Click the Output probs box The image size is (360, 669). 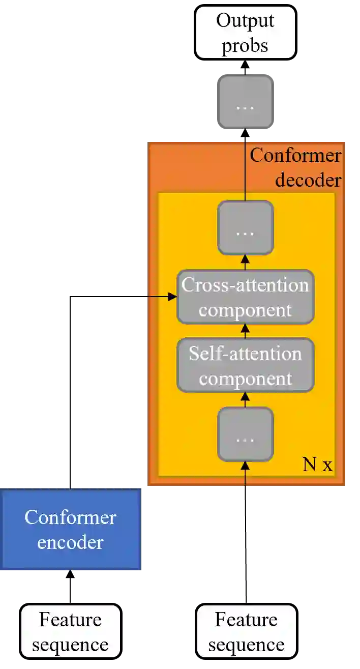click(x=245, y=32)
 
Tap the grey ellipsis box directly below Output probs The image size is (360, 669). click(x=246, y=101)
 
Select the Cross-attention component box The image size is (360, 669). click(x=246, y=297)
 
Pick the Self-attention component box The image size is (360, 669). click(x=246, y=366)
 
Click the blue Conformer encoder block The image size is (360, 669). click(x=70, y=530)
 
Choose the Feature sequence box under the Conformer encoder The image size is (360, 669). click(x=70, y=631)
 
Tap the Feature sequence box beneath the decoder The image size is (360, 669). click(x=246, y=631)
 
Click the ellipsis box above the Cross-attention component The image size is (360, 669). click(x=246, y=227)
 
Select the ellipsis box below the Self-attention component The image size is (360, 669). click(x=246, y=434)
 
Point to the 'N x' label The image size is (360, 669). click(x=317, y=464)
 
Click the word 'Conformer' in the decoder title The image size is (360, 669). click(x=295, y=155)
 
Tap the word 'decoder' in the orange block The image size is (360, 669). click(x=308, y=180)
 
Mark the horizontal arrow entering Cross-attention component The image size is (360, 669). click(x=162, y=296)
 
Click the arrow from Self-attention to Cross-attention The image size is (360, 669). click(x=246, y=331)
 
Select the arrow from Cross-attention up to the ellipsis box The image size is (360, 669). click(x=246, y=263)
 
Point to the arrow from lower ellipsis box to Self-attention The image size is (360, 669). click(x=246, y=400)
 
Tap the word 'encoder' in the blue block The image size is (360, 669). click(x=70, y=542)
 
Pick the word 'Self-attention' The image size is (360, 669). click(x=246, y=354)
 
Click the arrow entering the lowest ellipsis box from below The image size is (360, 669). click(x=246, y=471)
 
